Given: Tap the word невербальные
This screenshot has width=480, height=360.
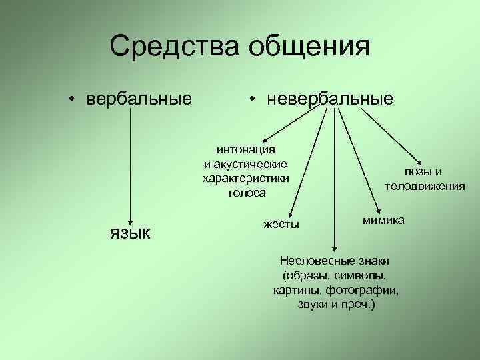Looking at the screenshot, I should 330,99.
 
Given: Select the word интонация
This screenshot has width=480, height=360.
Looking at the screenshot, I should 246,151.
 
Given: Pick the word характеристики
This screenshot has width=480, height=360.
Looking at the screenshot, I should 246,179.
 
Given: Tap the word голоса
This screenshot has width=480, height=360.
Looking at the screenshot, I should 246,193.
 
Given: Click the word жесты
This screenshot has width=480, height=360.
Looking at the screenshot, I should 281,224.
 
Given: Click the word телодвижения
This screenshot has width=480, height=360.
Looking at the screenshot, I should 425,187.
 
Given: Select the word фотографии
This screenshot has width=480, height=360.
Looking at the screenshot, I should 365,290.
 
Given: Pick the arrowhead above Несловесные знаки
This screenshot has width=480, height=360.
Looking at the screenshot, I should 335,248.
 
